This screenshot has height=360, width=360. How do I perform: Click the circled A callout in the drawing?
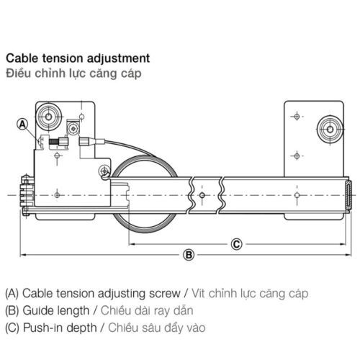(x=22, y=124)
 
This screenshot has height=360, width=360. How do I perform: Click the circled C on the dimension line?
(x=235, y=243)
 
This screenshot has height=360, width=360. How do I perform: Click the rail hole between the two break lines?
(x=205, y=195)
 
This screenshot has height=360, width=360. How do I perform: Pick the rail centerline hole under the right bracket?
(x=296, y=195)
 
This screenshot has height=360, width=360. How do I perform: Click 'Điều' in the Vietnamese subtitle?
(x=17, y=73)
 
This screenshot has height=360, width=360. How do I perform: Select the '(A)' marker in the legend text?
(x=12, y=294)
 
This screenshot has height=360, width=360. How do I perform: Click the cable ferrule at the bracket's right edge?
(x=86, y=142)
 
